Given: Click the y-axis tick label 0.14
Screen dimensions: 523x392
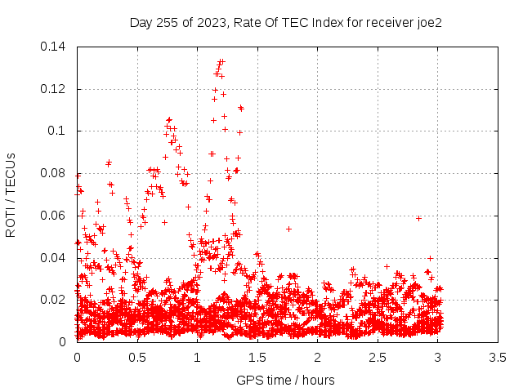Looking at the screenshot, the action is pos(52,47).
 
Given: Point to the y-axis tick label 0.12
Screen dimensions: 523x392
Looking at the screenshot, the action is pos(52,89).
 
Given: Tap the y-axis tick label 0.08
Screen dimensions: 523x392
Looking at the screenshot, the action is pos(52,173).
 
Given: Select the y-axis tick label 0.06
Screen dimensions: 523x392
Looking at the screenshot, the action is pos(52,216).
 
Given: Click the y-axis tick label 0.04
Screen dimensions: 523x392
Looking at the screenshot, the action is pos(52,258).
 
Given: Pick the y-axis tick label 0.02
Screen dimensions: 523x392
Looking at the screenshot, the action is pos(52,300).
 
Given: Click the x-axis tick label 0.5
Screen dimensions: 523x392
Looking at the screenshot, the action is pos(137,358).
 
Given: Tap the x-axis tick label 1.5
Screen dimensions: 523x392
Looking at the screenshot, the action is pos(257,358).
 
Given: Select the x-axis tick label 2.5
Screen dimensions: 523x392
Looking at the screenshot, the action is pos(378,358).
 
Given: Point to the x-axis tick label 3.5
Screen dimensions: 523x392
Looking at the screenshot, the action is pos(498,358).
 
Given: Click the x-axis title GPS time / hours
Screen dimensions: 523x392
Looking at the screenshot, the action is pos(285,381).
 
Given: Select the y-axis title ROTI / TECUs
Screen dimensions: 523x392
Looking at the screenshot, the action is pos(11,195).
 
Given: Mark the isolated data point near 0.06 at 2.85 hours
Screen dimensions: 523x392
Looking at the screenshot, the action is pos(418,218).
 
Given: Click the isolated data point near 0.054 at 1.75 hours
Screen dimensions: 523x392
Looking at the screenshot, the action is pos(288,229).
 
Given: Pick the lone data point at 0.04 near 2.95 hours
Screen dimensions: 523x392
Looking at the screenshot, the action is pos(431,258).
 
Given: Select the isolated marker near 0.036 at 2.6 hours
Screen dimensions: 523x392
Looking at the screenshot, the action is pos(387,267).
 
